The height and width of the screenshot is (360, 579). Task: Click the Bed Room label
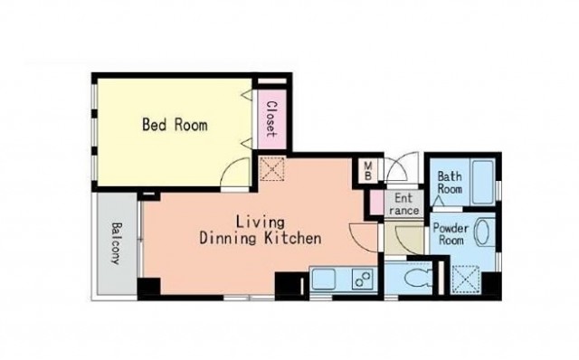[x=175, y=125]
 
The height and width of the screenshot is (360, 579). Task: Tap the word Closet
[x=271, y=119]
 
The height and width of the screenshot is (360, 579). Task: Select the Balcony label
[x=117, y=243]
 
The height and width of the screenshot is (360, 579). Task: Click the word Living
[x=261, y=223]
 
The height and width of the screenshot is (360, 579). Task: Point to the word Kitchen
[x=293, y=239]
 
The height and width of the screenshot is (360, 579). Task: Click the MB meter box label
[x=368, y=171]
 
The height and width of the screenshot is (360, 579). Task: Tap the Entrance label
[x=403, y=204]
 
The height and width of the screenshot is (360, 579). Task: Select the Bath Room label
[x=450, y=183]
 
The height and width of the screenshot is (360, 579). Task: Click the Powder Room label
[x=451, y=233]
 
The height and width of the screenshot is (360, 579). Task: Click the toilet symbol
[x=418, y=278]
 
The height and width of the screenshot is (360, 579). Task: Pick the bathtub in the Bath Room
[x=482, y=182]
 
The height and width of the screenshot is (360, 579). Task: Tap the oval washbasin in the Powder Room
[x=481, y=232]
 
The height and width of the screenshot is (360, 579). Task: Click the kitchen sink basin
[x=324, y=279]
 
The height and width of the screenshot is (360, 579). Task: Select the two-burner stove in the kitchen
[x=364, y=279]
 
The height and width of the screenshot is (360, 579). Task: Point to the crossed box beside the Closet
[x=272, y=169]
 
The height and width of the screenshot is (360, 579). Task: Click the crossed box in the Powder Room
[x=466, y=279]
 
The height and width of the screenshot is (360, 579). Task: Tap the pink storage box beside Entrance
[x=376, y=203]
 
